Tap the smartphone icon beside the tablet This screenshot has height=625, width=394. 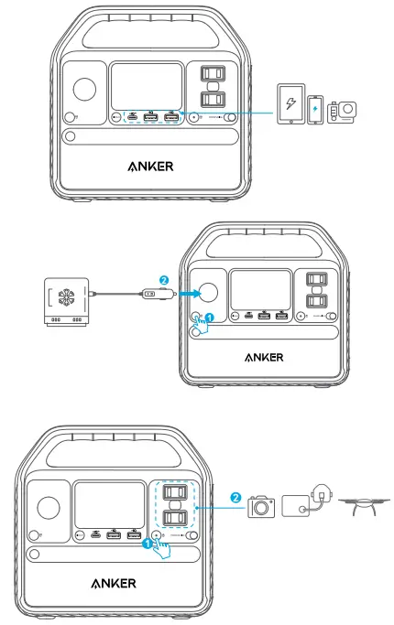(x=316, y=109)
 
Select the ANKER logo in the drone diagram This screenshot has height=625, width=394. (x=114, y=584)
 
